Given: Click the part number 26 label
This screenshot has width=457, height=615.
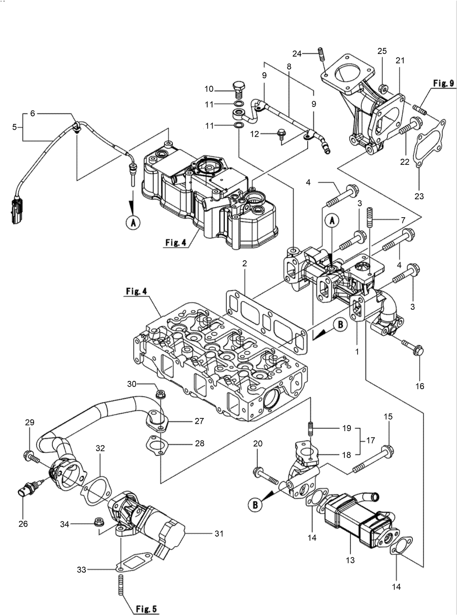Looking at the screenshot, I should (x=23, y=523).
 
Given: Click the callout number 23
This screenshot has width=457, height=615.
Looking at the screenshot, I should (x=419, y=196).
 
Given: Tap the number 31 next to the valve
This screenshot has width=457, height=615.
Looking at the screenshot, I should (x=219, y=533).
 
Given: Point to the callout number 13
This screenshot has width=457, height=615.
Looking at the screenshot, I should (x=351, y=560).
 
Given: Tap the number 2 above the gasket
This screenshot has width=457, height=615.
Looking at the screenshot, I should (x=244, y=264).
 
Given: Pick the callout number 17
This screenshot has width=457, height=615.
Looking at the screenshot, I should (x=370, y=441).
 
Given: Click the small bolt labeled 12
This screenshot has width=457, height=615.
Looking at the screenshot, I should (x=280, y=133).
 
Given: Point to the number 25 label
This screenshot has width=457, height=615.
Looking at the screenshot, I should (x=382, y=51).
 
